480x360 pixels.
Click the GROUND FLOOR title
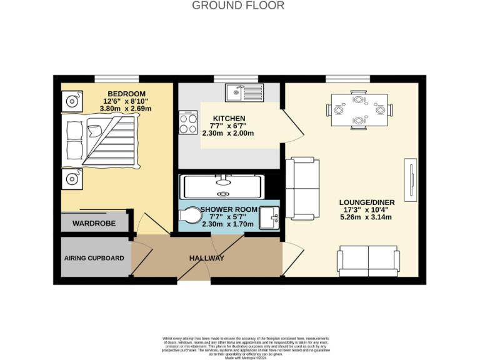[237, 6]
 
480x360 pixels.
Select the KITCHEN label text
[229, 119]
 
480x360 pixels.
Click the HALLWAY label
[206, 258]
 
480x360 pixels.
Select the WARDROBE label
[94, 223]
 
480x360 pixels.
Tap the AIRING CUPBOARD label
[94, 258]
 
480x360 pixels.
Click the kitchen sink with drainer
[245, 93]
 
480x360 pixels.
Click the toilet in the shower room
[189, 216]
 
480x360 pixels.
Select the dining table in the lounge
[359, 109]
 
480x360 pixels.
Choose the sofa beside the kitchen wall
[302, 189]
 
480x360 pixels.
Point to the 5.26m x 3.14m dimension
[365, 217]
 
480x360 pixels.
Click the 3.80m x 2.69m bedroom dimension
[126, 108]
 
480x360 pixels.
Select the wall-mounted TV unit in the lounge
[410, 180]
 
